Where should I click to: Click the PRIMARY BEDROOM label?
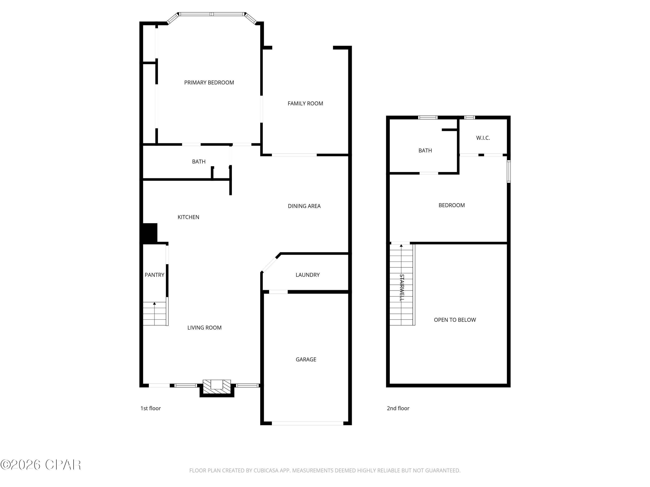point(209,82)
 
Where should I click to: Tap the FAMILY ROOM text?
point(305,103)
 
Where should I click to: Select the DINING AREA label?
point(304,206)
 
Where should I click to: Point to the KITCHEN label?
point(188,217)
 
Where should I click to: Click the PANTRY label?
point(154,275)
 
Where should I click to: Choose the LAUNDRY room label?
point(307,275)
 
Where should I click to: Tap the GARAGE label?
point(306,359)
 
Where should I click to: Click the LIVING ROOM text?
point(204,328)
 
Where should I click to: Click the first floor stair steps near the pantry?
point(154,314)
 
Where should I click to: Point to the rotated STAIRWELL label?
point(402,287)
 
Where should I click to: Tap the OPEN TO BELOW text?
point(455,320)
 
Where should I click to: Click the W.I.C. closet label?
point(483,138)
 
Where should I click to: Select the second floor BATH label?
point(425,151)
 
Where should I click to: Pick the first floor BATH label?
point(199,161)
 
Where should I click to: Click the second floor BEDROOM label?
point(451,205)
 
